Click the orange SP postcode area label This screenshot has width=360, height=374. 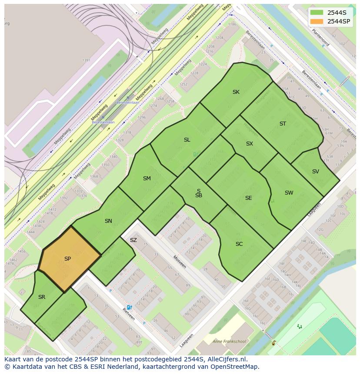(67, 259)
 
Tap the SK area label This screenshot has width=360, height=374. (236, 92)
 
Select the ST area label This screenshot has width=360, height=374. (283, 124)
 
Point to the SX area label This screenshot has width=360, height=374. (250, 144)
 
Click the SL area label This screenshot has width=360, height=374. (187, 140)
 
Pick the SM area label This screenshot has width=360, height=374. (147, 179)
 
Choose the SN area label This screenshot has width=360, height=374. (108, 221)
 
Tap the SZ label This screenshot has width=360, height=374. (133, 240)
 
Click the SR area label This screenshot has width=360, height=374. (42, 297)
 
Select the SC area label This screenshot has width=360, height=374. (239, 244)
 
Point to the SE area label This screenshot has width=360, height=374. (248, 198)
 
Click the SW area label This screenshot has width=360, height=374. (289, 193)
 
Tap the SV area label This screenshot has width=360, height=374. (316, 172)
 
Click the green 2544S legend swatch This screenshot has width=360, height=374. (317, 12)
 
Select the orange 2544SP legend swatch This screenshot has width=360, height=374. (317, 21)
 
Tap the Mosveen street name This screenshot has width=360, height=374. (180, 261)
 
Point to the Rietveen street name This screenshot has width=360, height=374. (128, 314)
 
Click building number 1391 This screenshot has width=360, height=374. (86, 60)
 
